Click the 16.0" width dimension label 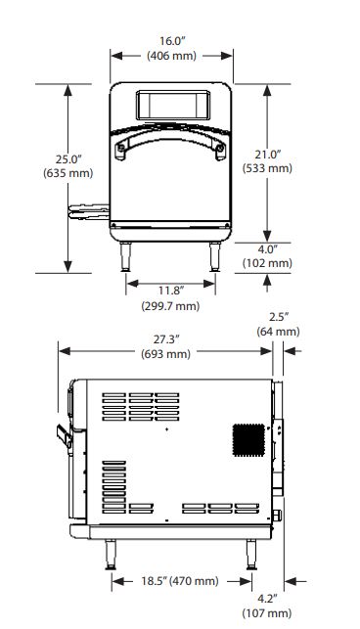[172, 41]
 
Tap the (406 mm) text [172, 56]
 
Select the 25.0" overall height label [68, 159]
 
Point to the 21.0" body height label [267, 154]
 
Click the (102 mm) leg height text [267, 263]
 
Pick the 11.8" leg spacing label [170, 290]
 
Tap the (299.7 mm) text [170, 306]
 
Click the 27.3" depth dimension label [165, 339]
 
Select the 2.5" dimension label [279, 317]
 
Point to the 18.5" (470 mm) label [180, 581]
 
